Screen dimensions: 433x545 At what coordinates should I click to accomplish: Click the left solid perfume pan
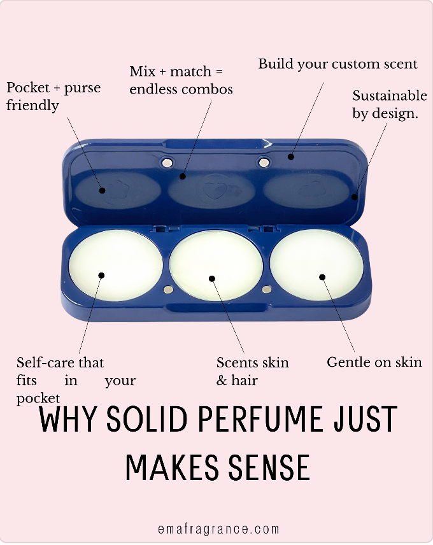coord(115,265)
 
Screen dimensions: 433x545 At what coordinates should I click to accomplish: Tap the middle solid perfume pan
coord(216,265)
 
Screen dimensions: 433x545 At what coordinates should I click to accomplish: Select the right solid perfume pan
coord(316,265)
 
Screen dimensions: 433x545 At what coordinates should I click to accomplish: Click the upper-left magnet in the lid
coord(167,162)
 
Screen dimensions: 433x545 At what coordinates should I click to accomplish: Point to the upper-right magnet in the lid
coord(264,162)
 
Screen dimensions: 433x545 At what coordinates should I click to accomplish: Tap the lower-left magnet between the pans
coord(168,290)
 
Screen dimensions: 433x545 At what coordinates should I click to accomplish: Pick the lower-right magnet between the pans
coord(267,289)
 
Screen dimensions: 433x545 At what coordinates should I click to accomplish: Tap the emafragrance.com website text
coord(218,529)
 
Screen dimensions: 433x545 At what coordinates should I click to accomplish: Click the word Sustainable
coord(390,96)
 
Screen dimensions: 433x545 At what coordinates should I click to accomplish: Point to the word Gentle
coord(348,362)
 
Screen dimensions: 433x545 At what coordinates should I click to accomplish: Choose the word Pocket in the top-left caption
coord(28,87)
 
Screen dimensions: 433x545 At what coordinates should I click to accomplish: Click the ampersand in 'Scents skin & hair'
coord(222,380)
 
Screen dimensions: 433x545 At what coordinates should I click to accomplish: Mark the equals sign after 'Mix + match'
coord(219,71)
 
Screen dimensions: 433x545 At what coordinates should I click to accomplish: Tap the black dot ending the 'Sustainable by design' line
coord(354,197)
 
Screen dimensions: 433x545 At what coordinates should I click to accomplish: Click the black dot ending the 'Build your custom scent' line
coord(291,157)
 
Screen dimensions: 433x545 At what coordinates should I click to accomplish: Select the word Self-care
coord(45,362)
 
